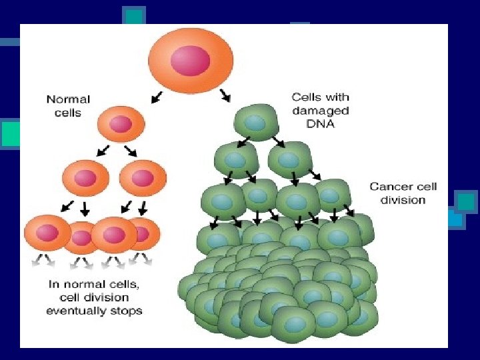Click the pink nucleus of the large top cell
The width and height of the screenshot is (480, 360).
pyautogui.click(x=190, y=61)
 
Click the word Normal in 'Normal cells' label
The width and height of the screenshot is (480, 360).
pyautogui.click(x=68, y=99)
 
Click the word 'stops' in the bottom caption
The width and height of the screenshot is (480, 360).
pyautogui.click(x=127, y=310)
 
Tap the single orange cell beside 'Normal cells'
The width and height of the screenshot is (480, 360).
pyautogui.click(x=121, y=125)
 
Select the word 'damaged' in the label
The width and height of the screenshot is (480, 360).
pyautogui.click(x=320, y=111)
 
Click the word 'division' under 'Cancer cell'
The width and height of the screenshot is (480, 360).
pyautogui.click(x=403, y=200)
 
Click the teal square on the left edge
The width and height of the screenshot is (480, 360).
pyautogui.click(x=9, y=133)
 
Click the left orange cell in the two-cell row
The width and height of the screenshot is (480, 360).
pyautogui.click(x=85, y=177)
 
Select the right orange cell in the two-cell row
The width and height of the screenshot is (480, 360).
pyautogui.click(x=142, y=177)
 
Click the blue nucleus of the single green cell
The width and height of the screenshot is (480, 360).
pyautogui.click(x=255, y=123)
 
